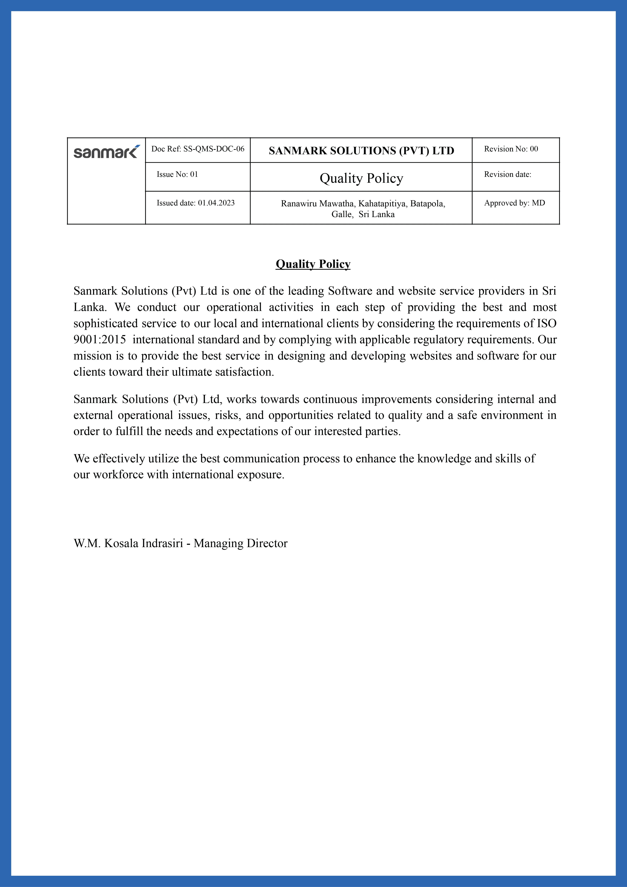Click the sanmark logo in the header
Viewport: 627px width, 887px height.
[106, 152]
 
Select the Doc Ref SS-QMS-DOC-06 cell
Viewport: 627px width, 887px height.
[198, 149]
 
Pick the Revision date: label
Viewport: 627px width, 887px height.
[507, 175]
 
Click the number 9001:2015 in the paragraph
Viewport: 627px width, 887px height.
[100, 340]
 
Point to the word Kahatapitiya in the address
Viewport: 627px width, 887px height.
[382, 204]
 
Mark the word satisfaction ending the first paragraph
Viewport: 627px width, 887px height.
[244, 372]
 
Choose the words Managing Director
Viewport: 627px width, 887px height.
[241, 544]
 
